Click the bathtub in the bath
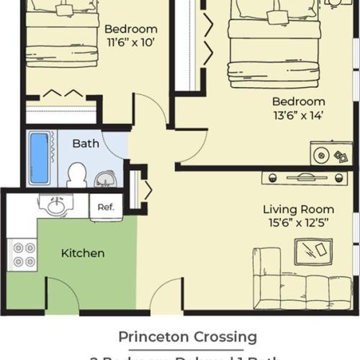39,158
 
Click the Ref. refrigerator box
106,207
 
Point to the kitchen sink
54,206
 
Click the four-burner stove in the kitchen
22,254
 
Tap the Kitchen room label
82,253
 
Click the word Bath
86,143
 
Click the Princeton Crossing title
187,336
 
